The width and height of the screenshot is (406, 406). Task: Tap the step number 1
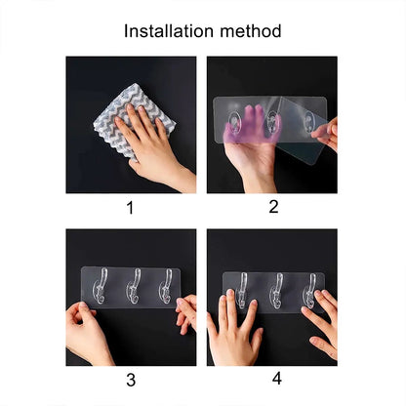[x=130, y=207]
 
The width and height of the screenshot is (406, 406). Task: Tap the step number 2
[x=273, y=207]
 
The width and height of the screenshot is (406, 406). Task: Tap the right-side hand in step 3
[x=186, y=312]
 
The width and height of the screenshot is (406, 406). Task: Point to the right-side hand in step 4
[x=320, y=327]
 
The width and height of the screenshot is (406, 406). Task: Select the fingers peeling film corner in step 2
[x=325, y=134]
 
